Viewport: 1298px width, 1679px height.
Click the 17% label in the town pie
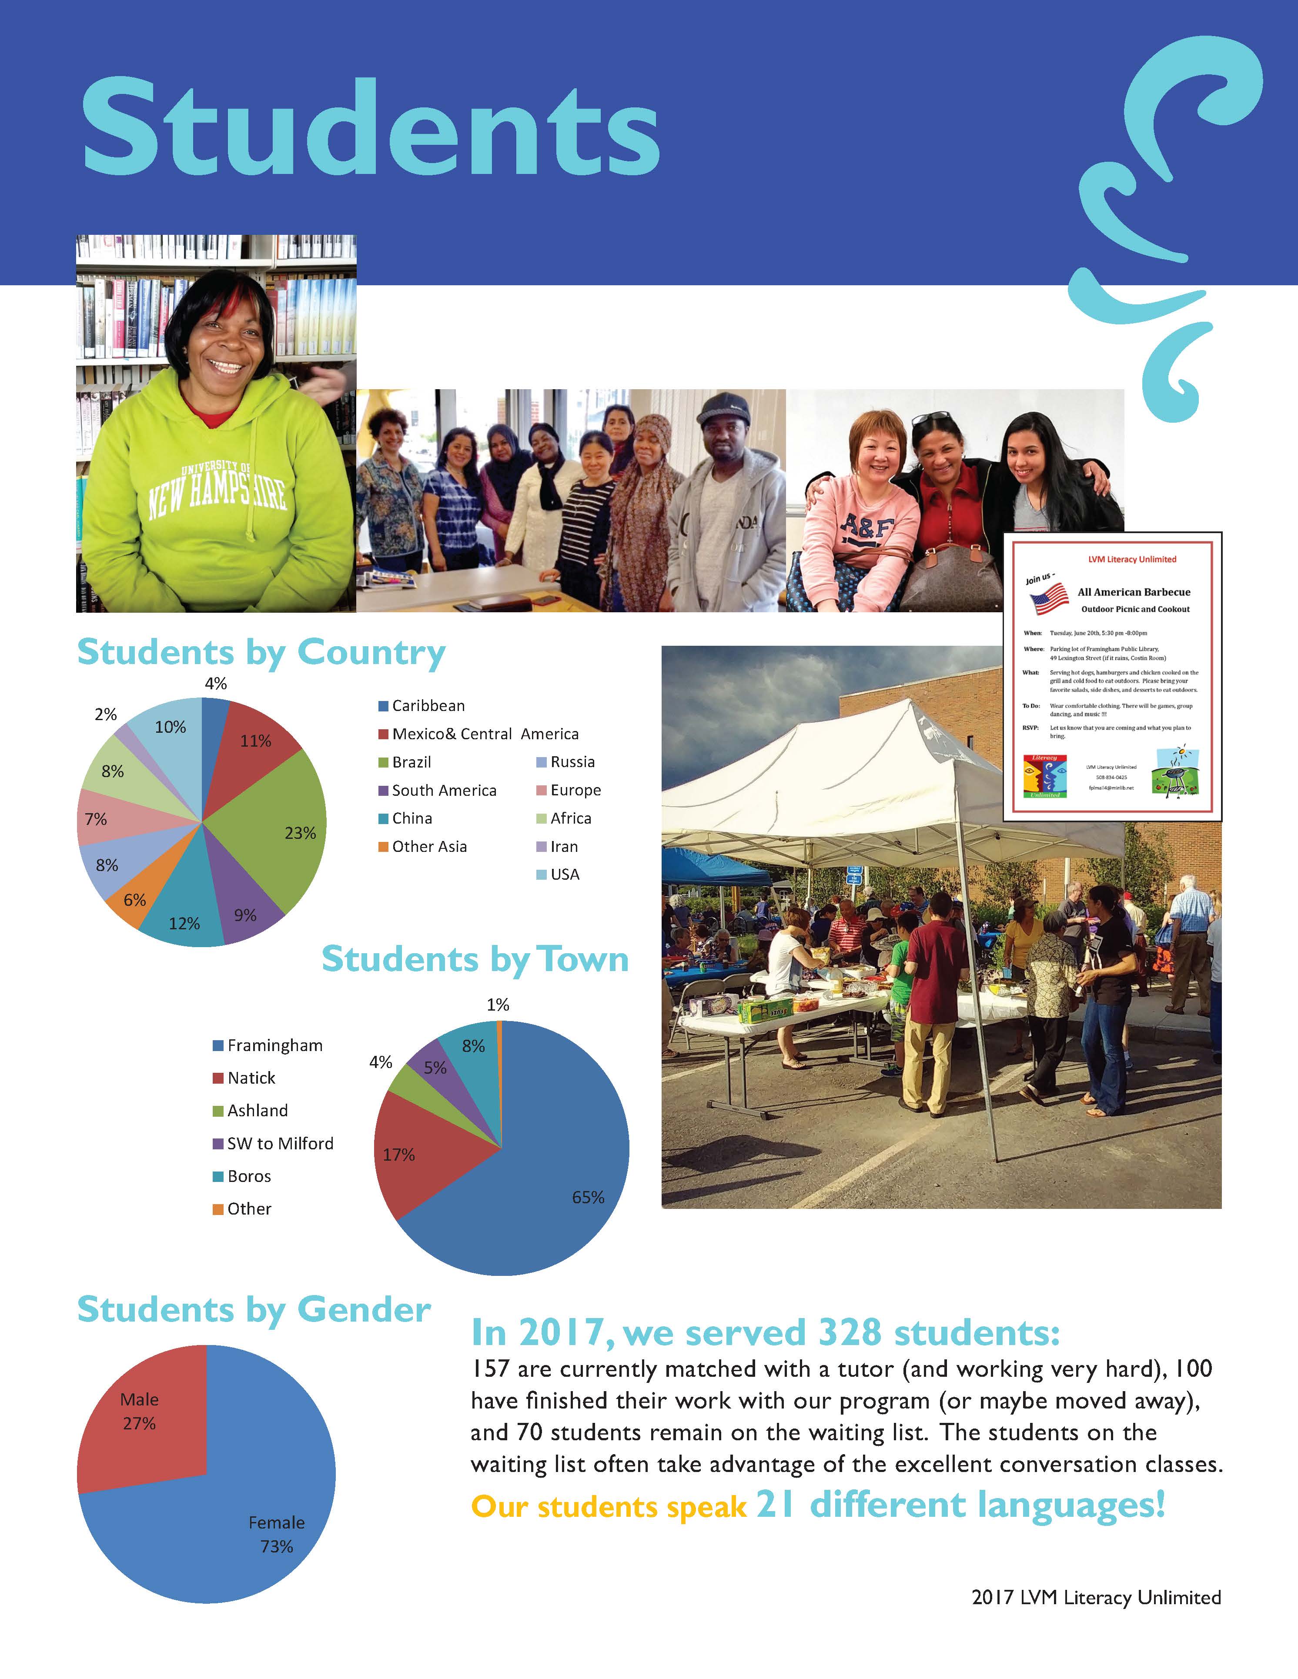[x=398, y=1155]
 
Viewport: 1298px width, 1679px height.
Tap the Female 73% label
[x=276, y=1534]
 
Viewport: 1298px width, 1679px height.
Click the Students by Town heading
[x=475, y=959]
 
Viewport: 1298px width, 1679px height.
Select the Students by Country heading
[x=261, y=652]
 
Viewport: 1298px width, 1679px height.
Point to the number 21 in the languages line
[x=774, y=1505]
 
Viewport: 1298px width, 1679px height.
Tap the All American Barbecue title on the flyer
[x=1134, y=592]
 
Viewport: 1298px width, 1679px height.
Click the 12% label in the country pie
[x=184, y=923]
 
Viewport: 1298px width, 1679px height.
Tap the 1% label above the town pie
[x=498, y=1005]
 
